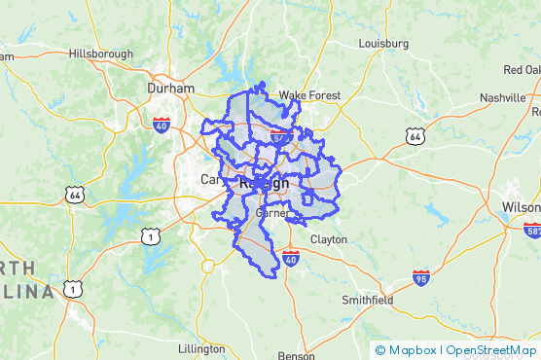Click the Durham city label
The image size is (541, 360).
tap(170, 88)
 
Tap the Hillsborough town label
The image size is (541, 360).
tap(101, 54)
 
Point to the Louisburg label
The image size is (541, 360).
tap(382, 44)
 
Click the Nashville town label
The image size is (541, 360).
tap(502, 98)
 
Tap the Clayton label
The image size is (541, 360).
tap(328, 238)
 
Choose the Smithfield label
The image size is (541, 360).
tap(368, 300)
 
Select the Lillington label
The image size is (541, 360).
tap(201, 348)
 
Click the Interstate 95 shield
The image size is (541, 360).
tap(420, 278)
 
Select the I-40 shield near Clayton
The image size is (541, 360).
tap(290, 258)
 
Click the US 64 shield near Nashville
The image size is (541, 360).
tap(416, 137)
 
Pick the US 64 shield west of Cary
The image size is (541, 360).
tap(73, 194)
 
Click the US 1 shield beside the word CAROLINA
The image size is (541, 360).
tap(72, 288)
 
